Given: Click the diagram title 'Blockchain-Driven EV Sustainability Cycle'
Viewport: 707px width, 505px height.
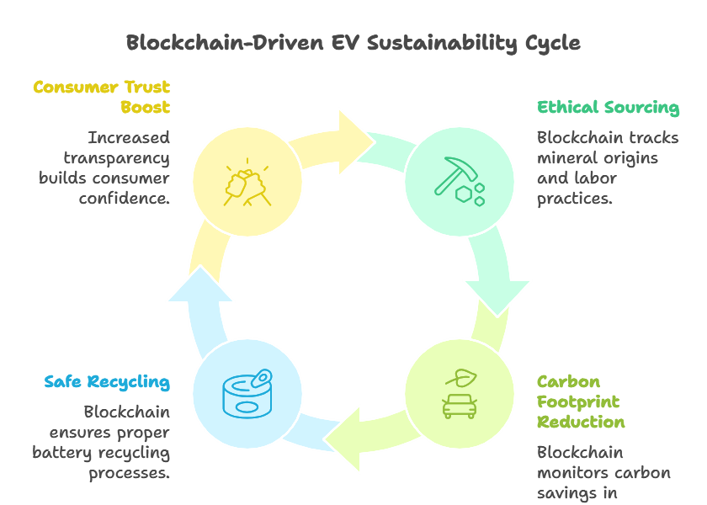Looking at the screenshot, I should point(353,43).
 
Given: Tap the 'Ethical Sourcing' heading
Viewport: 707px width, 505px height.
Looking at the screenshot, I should point(608,107).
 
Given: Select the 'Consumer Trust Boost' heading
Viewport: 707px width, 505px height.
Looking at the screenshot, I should point(102,97).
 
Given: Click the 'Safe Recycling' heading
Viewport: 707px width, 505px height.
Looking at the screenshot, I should point(107,382).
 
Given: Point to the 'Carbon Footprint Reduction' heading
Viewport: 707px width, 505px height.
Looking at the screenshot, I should point(581,401).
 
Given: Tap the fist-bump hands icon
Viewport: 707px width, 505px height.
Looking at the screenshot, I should point(246,180).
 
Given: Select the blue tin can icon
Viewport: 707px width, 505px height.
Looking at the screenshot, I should point(247,393).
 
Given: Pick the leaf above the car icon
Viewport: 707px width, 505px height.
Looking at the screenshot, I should point(460,376).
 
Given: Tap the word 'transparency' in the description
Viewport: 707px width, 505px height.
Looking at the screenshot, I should point(116,158).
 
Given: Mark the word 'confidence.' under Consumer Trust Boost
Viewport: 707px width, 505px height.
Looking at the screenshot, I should point(125,199).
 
